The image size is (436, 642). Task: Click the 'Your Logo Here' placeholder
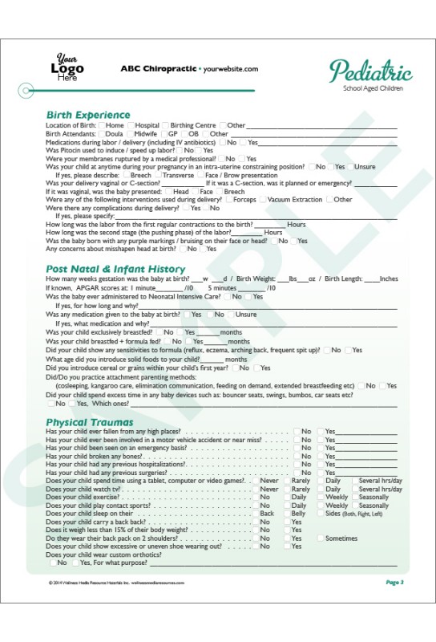pyautogui.click(x=68, y=67)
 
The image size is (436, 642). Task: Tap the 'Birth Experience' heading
pyautogui.click(x=88, y=115)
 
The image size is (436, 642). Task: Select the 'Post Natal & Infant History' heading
pyautogui.click(x=115, y=269)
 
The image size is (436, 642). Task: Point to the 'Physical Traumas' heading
pyautogui.click(x=90, y=422)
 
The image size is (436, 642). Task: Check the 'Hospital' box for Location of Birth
pyautogui.click(x=131, y=126)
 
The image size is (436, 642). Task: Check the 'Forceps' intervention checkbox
pyautogui.click(x=229, y=200)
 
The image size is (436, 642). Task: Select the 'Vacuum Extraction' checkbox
pyautogui.click(x=264, y=200)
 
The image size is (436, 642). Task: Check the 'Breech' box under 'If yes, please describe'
pyautogui.click(x=126, y=175)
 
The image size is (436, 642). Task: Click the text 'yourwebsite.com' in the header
pyautogui.click(x=231, y=69)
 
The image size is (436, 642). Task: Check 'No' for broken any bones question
pyautogui.click(x=296, y=457)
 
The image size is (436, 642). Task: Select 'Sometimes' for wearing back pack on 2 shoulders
pyautogui.click(x=321, y=538)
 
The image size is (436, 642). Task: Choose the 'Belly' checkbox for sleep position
pyautogui.click(x=286, y=514)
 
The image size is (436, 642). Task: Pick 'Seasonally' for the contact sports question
pyautogui.click(x=355, y=506)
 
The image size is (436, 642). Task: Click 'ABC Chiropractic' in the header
pyautogui.click(x=157, y=69)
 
